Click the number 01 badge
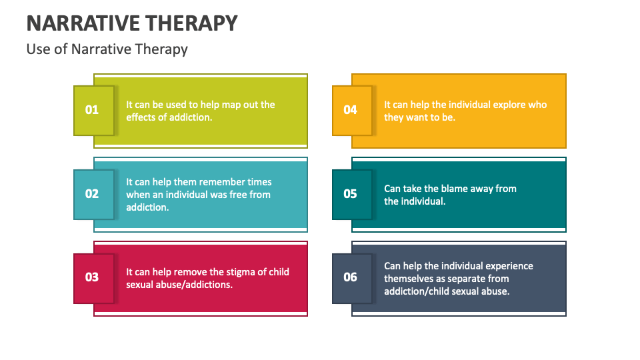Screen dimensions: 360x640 93,110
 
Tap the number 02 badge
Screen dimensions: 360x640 93,194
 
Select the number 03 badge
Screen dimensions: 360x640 93,277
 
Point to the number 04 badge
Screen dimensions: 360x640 351,110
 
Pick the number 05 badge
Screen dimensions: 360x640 351,194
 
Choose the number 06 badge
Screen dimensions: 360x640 351,277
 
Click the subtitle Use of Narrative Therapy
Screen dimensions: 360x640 107,49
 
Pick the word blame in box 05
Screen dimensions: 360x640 453,189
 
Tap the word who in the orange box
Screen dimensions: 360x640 537,105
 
